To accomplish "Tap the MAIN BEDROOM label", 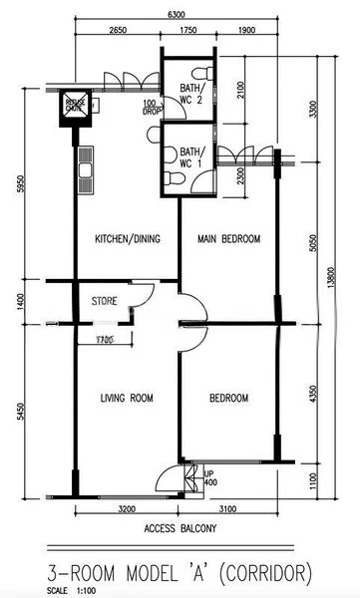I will (x=228, y=239).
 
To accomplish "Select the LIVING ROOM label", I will (x=127, y=399).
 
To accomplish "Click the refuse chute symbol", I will (x=76, y=109).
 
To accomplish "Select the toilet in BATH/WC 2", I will (x=204, y=74).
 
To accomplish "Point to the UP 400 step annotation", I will (x=207, y=477).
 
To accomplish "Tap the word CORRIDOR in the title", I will (x=262, y=572).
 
